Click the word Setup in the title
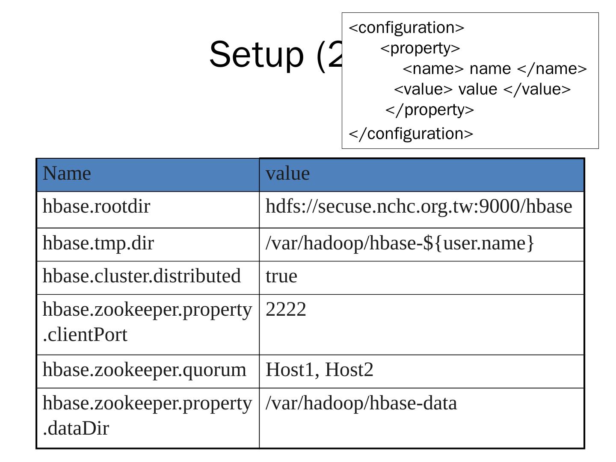point(256,54)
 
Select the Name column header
point(67,174)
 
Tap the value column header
point(287,174)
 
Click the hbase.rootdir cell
point(96,207)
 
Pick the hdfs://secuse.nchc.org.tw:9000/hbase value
point(418,207)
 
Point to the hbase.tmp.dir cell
point(98,243)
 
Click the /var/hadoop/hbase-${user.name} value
point(400,243)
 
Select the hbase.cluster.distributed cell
point(142,276)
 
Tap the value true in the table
point(281,276)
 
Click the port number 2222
point(286,309)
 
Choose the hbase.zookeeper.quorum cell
point(145,370)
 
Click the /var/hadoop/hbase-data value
point(361,403)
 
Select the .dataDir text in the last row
point(76,428)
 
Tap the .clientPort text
point(85,335)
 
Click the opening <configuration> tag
point(406,28)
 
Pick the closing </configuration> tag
point(411,134)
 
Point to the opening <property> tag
point(420,48)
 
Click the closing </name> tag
point(552,69)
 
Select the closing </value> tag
point(537,89)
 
